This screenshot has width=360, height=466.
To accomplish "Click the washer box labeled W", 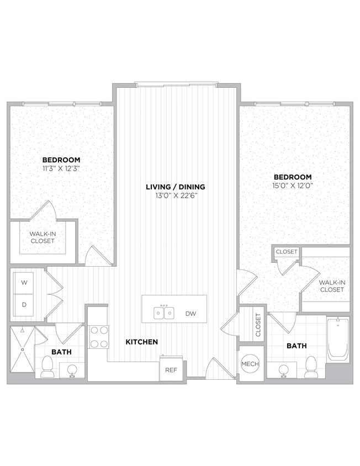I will point(24,283).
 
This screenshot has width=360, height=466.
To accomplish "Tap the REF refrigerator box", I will point(168,370).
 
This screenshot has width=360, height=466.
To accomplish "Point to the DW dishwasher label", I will point(190,314).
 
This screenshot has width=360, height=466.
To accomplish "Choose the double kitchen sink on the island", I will point(163,313).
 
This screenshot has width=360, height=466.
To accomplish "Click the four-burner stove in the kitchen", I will point(99,336).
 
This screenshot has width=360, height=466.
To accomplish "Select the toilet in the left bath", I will point(46,366).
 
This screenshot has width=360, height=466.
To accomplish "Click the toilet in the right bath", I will point(311,367).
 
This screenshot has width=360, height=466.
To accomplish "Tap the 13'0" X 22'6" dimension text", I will point(175,195).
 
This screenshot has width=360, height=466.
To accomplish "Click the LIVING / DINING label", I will point(175,187).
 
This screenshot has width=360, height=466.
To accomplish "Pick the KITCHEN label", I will point(142,342).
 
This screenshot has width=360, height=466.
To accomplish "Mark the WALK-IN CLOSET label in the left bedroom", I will point(43,237).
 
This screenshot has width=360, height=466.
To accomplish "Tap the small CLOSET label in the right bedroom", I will point(287,252).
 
